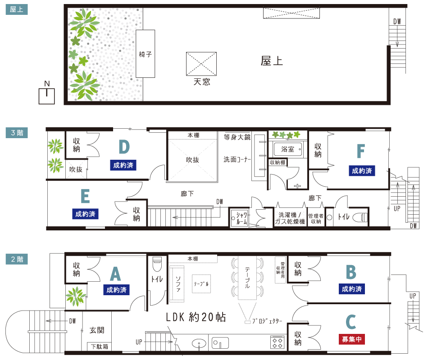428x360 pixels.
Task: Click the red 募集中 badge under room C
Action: [x=352, y=339]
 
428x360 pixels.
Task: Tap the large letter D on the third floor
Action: [x=124, y=147]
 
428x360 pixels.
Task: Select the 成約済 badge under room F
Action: [x=362, y=171]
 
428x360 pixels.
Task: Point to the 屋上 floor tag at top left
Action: [x=17, y=9]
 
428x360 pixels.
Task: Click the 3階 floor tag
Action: [x=17, y=133]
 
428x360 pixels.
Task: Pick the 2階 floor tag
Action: [x=17, y=259]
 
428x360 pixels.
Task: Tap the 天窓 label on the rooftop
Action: [x=201, y=82]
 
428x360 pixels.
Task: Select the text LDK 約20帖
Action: [x=196, y=317]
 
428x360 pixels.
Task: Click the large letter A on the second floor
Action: [x=115, y=274]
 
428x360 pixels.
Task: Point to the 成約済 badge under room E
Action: [x=85, y=214]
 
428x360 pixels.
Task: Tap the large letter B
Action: [x=351, y=272]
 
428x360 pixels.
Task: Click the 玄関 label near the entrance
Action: [x=97, y=330]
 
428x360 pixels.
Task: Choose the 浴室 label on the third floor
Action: [x=288, y=149]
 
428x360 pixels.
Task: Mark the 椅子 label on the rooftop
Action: [x=146, y=54]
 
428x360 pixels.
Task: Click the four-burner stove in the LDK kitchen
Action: [x=277, y=342]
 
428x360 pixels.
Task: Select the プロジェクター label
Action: [x=267, y=321]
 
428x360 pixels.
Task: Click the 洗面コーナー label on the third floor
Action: [x=237, y=160]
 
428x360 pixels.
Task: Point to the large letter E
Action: [x=85, y=197]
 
